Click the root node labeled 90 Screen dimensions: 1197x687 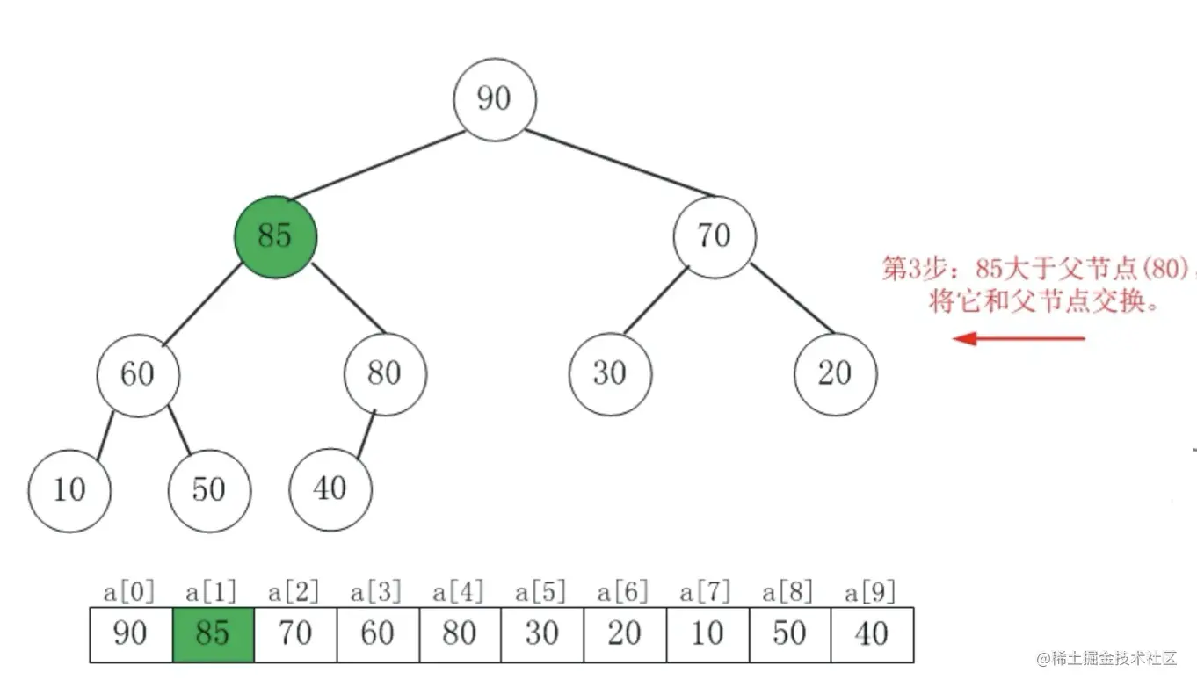495,98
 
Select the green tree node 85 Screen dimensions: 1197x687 275,236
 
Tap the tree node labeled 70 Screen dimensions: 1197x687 715,236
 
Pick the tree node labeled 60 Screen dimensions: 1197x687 138,374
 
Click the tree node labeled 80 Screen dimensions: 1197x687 385,374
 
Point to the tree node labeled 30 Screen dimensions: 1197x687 610,374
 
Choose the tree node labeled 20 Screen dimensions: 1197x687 835,374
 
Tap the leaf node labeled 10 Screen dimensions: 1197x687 69,490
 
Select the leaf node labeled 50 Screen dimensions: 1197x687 209,490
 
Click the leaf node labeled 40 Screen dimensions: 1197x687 330,488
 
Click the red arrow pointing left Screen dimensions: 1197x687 1019,338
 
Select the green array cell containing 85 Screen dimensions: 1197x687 214,634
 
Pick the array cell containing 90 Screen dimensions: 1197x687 131,634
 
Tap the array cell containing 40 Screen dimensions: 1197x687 872,634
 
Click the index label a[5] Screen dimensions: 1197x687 540,592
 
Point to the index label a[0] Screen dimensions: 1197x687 129,592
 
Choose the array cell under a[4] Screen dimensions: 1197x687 460,634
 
